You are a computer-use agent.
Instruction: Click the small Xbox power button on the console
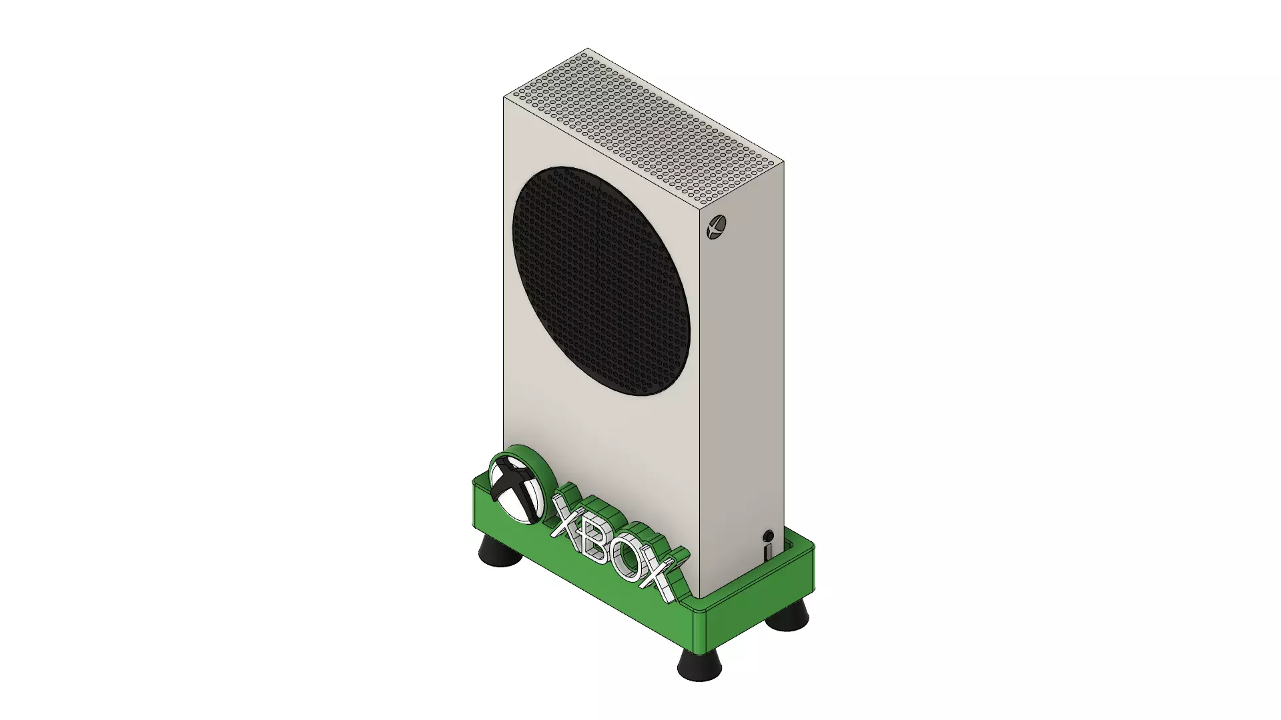point(717,227)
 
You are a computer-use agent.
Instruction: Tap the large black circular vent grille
point(600,280)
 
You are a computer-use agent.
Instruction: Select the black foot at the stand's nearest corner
point(699,663)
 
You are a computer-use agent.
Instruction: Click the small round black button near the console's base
point(768,536)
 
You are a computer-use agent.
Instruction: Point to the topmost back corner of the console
point(588,49)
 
